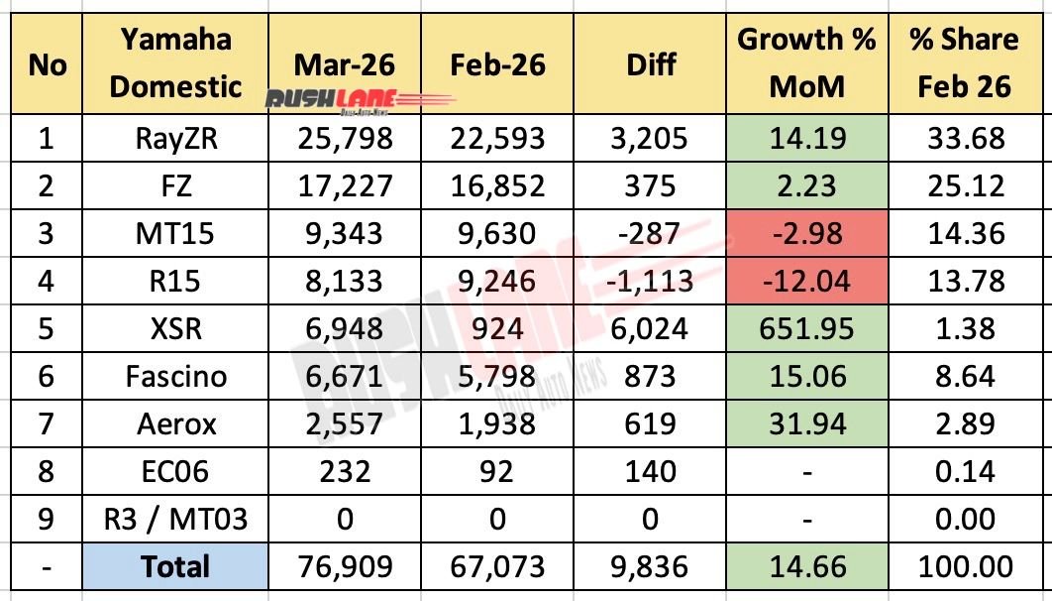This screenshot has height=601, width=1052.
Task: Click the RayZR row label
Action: click(175, 138)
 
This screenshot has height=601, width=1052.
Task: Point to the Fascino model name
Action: click(175, 376)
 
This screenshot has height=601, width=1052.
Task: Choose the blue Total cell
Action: click(175, 566)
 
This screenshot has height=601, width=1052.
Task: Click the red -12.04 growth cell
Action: click(805, 281)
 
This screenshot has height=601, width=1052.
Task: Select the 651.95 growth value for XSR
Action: click(805, 328)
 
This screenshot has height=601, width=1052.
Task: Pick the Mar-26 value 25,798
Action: click(345, 138)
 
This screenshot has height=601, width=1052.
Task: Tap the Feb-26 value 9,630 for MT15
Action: click(497, 233)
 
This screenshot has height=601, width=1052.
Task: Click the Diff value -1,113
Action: click(651, 281)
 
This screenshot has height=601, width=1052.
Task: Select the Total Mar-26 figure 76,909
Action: click(345, 566)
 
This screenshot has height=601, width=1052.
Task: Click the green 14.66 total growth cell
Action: click(805, 566)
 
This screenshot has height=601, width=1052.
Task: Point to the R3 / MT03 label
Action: click(175, 519)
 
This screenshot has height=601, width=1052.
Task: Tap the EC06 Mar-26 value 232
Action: click(345, 471)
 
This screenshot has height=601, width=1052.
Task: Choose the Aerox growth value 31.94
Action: click(805, 423)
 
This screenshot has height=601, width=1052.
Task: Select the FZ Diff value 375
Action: click(651, 185)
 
